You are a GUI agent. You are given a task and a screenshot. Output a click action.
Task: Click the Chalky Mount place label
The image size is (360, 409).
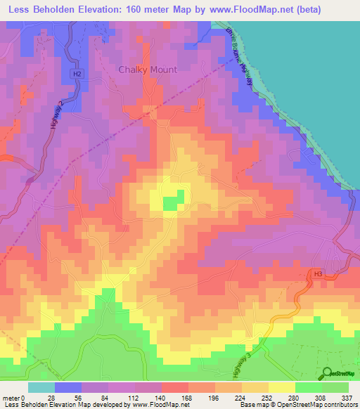pos(148,70)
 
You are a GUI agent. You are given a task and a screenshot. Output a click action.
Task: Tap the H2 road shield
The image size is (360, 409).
pos(77,73)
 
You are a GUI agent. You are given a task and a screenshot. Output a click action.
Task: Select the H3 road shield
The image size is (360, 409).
pos(318,273)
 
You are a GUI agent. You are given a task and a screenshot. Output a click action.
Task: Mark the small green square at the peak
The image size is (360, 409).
pos(170,203)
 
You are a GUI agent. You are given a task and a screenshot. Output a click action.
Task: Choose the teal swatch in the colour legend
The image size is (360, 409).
pos(41,387)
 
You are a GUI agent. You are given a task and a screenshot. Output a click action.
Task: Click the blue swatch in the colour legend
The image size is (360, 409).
pos(67,387)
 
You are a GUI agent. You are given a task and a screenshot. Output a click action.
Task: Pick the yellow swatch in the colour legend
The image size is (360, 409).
pos(282,387)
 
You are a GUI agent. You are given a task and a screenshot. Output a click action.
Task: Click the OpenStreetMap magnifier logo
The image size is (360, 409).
pos(326,373)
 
